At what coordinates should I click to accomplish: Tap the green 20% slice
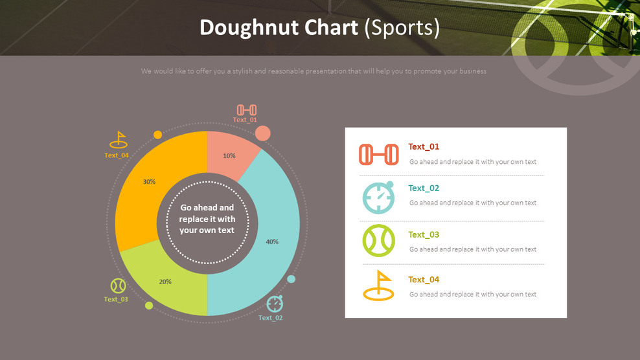[x=165, y=282]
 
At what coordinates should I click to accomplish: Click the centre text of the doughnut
[x=207, y=219]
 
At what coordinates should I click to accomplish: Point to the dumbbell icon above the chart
[x=246, y=110]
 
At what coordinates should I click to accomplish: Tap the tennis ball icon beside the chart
[x=118, y=286]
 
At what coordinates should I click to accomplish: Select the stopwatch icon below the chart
[x=275, y=303]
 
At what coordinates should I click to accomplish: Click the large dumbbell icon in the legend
[x=378, y=155]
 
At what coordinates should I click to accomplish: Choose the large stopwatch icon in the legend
[x=378, y=197]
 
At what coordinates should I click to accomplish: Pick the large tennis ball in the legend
[x=378, y=241]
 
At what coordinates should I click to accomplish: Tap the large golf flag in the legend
[x=378, y=286]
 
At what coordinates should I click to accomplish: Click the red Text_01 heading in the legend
[x=424, y=147]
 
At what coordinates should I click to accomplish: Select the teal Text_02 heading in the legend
[x=424, y=188]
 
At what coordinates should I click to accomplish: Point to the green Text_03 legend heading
[x=424, y=235]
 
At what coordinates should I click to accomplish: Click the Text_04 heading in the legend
[x=424, y=280]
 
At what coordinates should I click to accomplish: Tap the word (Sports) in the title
[x=402, y=28]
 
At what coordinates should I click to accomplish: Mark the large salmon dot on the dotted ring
[x=262, y=133]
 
